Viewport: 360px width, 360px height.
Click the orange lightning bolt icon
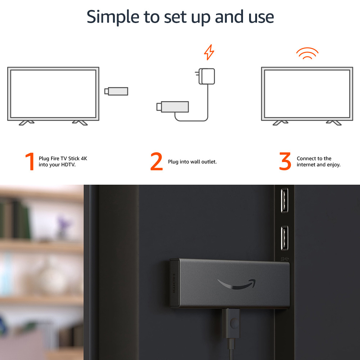click(209, 53)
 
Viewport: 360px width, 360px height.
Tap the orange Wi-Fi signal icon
click(307, 54)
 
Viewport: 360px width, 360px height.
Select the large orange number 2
click(157, 162)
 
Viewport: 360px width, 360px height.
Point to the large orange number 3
click(285, 162)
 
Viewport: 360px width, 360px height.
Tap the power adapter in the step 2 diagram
click(206, 76)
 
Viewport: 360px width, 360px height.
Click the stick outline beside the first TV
click(116, 91)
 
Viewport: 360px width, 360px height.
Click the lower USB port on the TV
click(284, 238)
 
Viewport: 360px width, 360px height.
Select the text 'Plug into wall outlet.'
click(192, 162)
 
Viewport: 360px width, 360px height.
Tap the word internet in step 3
click(306, 165)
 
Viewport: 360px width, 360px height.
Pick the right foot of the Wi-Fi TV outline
click(334, 122)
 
